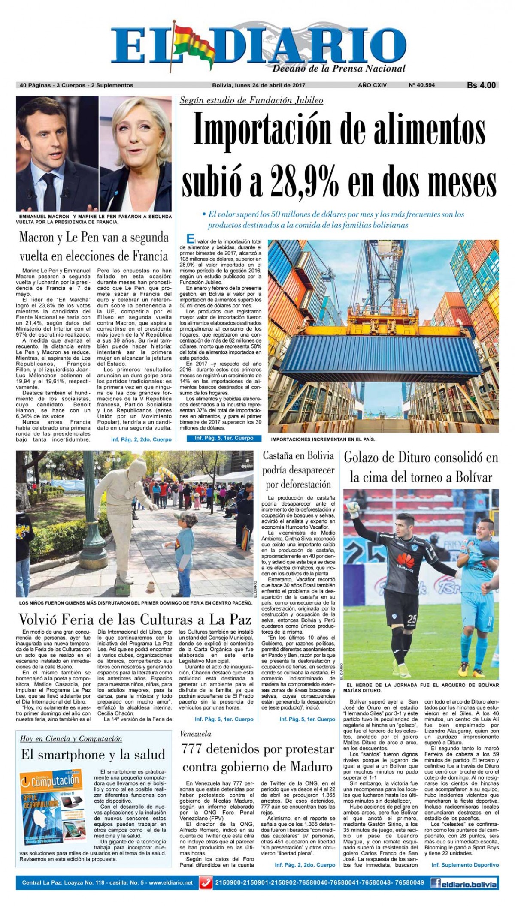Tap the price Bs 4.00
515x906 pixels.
point(481,85)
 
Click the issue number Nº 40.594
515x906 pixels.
point(421,85)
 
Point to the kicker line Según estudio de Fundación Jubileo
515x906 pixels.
point(251,101)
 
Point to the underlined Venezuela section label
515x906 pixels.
point(195,733)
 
